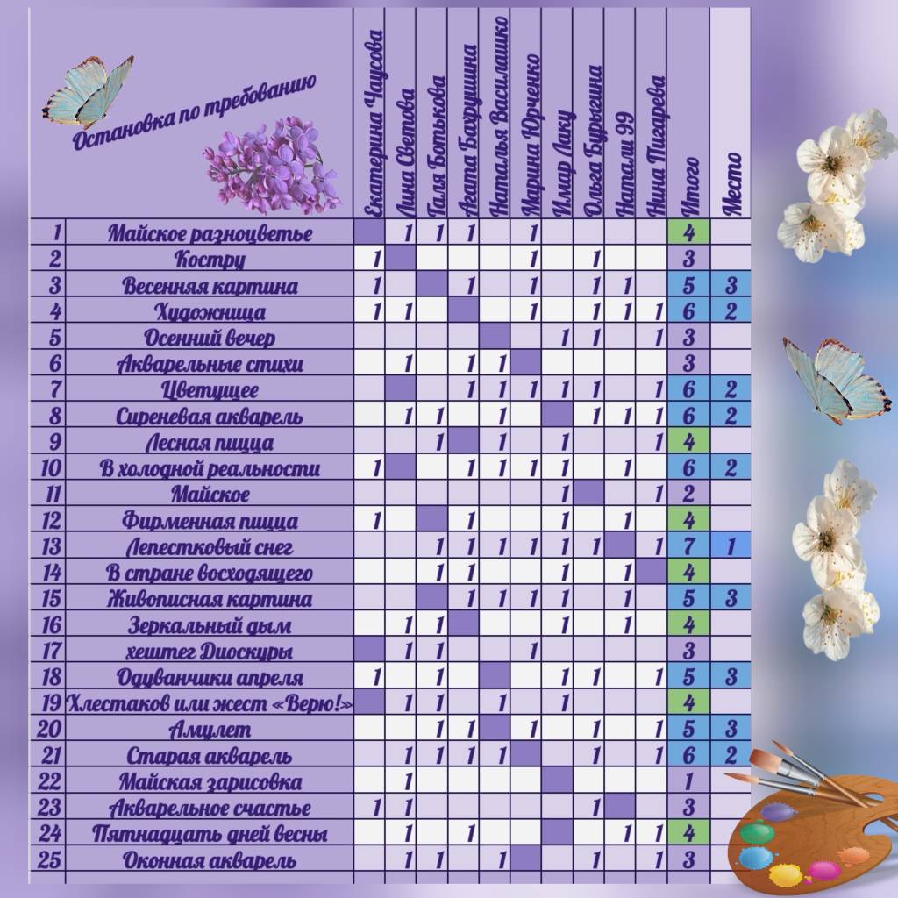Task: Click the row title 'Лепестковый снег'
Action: (210, 548)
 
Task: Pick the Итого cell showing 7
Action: (688, 548)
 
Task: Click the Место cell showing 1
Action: (731, 548)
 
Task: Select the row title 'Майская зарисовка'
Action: (210, 782)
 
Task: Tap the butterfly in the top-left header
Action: (88, 91)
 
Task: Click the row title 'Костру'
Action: (210, 260)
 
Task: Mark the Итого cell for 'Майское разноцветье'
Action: (688, 234)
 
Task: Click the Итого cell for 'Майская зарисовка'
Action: (688, 782)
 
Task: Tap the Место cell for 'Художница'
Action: (731, 312)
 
